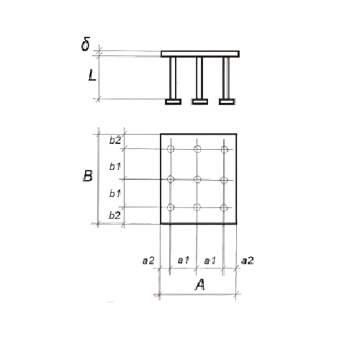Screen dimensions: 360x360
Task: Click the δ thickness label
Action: [86, 44]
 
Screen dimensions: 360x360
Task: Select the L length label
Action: [92, 75]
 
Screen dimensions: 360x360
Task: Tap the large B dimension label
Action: [88, 176]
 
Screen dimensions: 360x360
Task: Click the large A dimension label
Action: [199, 285]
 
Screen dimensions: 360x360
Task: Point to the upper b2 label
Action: [115, 140]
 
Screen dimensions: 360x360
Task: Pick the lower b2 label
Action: [114, 215]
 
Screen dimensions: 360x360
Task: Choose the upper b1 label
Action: [114, 166]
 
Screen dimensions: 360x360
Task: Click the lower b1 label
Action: [114, 193]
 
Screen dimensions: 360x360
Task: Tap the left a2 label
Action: [148, 261]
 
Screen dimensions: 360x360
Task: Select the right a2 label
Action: [248, 261]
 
